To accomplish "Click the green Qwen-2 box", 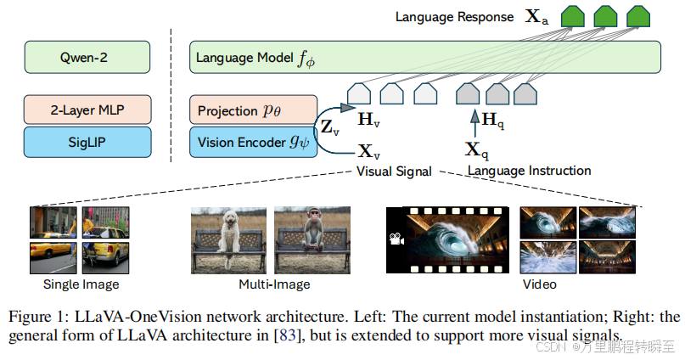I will coord(88,58).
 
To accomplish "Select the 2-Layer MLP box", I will coord(88,110).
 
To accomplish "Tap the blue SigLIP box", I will coord(88,141).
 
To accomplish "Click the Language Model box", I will coord(424,58).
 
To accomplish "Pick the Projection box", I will coord(250,110).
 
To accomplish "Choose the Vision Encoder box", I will coord(250,142).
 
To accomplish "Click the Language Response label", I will coord(454,17).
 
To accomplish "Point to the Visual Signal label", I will coord(392,171).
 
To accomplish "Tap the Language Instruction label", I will coord(529,171).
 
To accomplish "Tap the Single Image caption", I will coord(81,284).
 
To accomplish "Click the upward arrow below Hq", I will coord(474,124).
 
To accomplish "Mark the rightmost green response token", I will coord(637,17).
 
